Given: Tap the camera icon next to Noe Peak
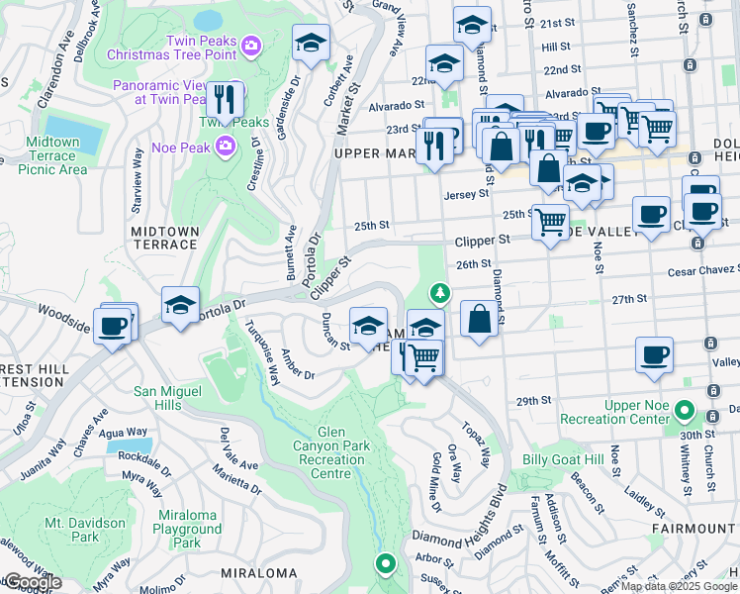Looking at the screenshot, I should tap(227, 147).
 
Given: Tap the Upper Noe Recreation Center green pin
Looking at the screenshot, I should tap(683, 409).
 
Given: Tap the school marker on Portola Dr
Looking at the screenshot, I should tap(181, 305).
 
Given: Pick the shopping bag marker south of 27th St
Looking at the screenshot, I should tap(479, 321).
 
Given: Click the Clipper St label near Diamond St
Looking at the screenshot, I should tap(482, 241).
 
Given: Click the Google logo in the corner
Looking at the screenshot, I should tap(33, 583).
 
